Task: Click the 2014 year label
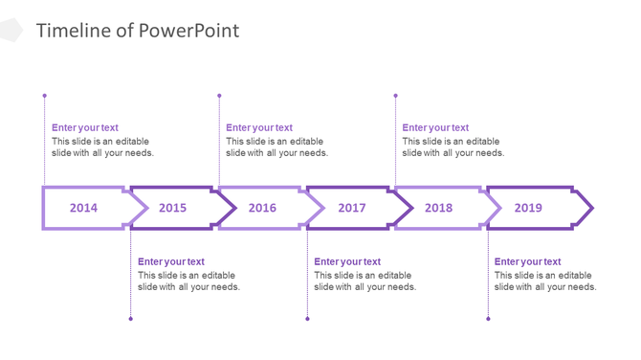point(83,208)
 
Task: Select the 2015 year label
point(172,208)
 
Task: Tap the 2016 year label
point(262,208)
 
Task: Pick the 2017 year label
point(351,208)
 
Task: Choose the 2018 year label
point(438,208)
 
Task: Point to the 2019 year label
point(528,208)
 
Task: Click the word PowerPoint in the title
point(189,31)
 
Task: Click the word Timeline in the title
point(72,31)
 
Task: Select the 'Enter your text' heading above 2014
point(85,127)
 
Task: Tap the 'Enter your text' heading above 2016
point(259,127)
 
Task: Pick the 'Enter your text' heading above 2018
point(435,127)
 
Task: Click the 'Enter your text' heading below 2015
point(171,261)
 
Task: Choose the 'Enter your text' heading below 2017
point(347,261)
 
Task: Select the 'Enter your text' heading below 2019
point(527,261)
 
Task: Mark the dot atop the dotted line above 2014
point(44,96)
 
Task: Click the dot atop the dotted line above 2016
point(219,96)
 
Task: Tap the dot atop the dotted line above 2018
point(395,96)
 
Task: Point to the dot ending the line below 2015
point(131,319)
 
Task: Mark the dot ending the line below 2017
point(307,319)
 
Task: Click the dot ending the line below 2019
point(488,319)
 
